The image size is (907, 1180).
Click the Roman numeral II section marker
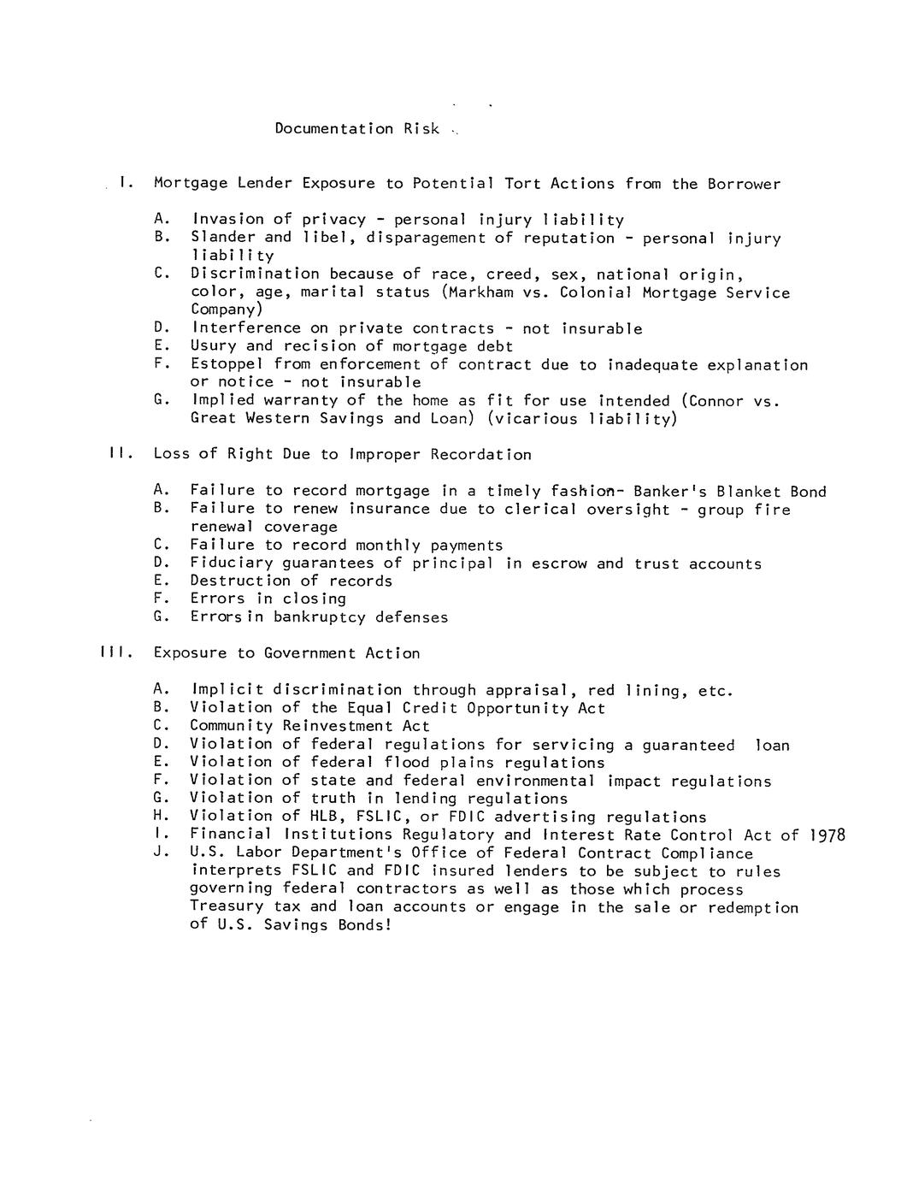118,454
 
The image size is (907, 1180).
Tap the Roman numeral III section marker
113,653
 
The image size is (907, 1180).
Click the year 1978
827,835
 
